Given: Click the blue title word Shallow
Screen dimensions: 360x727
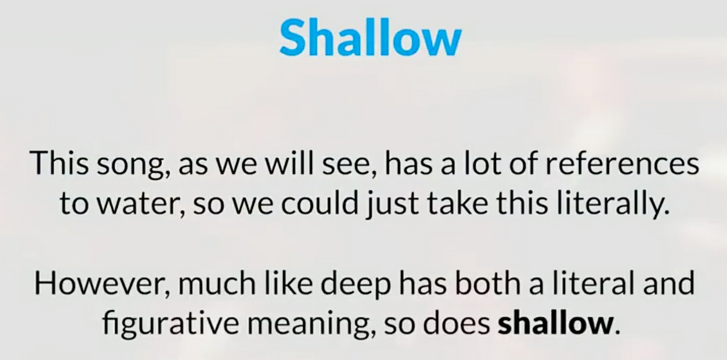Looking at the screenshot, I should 370,38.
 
